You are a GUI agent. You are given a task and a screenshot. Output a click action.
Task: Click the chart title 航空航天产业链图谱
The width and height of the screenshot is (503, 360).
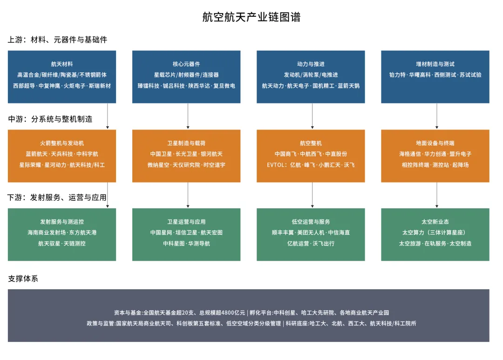[251, 17]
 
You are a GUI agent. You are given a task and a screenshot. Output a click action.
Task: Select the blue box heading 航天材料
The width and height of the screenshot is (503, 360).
[62, 64]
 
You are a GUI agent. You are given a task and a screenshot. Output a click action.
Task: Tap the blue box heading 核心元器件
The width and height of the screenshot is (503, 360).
[186, 64]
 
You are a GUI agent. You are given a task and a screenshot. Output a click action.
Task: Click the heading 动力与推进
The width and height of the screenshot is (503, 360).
[311, 64]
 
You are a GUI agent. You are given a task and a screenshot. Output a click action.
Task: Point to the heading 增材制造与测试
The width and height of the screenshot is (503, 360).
[435, 64]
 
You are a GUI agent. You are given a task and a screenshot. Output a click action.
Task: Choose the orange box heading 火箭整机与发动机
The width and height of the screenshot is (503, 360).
[62, 143]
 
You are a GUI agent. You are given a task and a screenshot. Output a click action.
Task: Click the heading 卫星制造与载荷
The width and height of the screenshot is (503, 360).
[186, 143]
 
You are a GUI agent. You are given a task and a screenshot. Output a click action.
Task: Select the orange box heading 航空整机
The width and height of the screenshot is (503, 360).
[311, 143]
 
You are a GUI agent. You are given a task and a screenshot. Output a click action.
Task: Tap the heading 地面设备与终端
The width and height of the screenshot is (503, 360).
[435, 143]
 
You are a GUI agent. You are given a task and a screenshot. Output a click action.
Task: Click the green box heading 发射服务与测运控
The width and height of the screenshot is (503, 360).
[62, 222]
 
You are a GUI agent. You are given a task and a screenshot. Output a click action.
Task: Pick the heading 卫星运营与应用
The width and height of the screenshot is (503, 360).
[186, 222]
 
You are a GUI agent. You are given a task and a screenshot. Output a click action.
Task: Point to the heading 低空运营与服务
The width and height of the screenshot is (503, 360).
[311, 222]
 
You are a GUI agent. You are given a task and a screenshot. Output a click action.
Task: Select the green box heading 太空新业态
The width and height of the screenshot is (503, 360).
[435, 222]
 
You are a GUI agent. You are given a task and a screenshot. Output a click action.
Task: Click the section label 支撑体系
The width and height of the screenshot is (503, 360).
[23, 278]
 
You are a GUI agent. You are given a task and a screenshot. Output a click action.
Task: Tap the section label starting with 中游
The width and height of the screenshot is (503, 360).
[50, 119]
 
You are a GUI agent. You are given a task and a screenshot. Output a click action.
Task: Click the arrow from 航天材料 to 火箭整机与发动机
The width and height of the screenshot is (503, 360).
[108, 116]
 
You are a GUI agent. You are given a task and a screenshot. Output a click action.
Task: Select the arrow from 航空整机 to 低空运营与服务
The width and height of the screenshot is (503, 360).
[313, 195]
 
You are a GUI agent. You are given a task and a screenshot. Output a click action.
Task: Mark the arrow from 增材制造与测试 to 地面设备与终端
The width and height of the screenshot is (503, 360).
[437, 116]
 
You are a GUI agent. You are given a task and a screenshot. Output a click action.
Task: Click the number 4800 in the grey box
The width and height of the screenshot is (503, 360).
[228, 313]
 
